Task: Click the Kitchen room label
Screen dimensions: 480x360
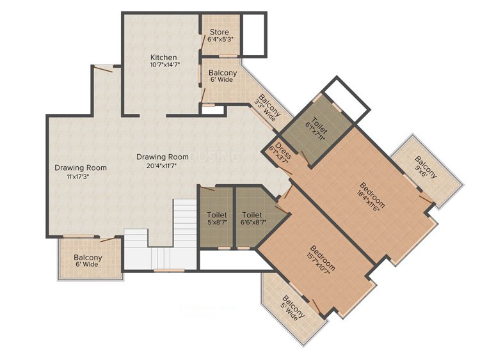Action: tap(163, 57)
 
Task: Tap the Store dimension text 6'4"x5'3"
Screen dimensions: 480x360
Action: tap(219, 39)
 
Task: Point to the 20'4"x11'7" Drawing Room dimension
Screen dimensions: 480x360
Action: tap(162, 166)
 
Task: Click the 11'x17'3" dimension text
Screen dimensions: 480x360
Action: tap(77, 176)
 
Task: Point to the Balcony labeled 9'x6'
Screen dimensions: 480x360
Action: tap(426, 167)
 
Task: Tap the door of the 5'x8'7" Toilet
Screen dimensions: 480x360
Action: tap(207, 188)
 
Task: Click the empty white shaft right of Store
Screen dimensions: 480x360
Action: tap(253, 35)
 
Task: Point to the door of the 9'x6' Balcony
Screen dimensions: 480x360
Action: tap(426, 200)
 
